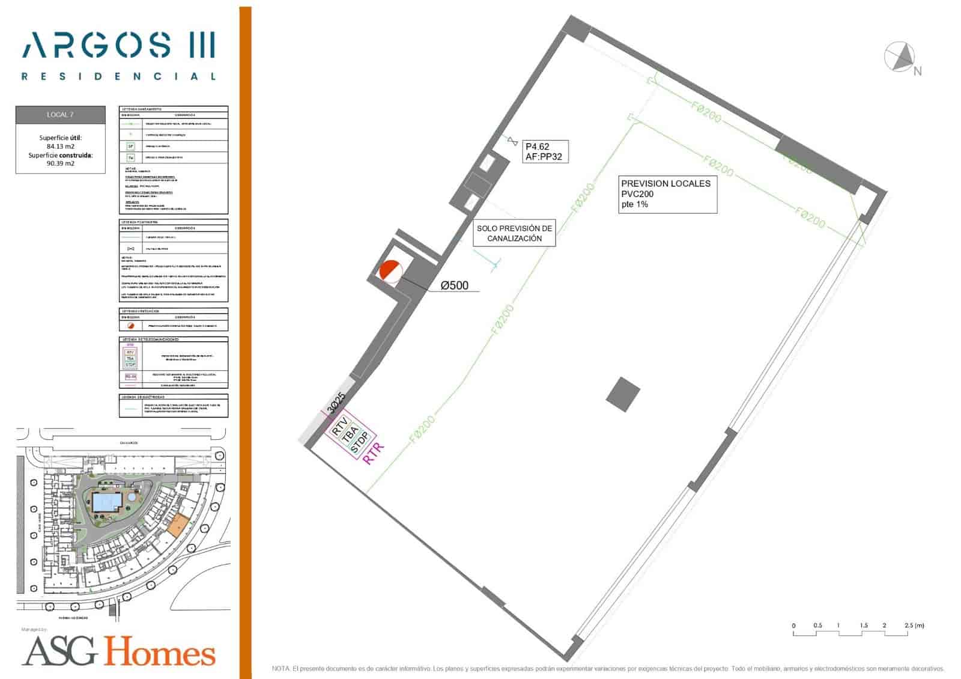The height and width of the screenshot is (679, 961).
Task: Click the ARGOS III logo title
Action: click(x=118, y=45)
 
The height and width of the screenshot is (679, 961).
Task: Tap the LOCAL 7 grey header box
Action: click(x=61, y=114)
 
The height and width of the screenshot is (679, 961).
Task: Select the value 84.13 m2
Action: click(x=61, y=146)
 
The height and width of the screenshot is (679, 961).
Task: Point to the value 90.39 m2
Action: click(x=61, y=163)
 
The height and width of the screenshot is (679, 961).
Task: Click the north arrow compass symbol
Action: click(x=900, y=57)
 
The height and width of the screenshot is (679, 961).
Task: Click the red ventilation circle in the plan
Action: click(x=390, y=271)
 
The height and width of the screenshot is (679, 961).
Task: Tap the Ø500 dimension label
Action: click(x=454, y=286)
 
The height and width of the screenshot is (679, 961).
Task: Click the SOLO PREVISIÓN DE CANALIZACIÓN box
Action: click(x=514, y=233)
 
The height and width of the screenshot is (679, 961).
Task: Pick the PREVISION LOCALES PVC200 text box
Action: click(x=667, y=193)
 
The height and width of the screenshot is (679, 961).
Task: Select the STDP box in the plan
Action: click(x=359, y=443)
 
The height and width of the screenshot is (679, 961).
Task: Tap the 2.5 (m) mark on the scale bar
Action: click(x=914, y=626)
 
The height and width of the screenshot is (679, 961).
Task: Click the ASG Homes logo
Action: click(x=118, y=651)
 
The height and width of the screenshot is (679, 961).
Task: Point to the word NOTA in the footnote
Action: click(x=281, y=669)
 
